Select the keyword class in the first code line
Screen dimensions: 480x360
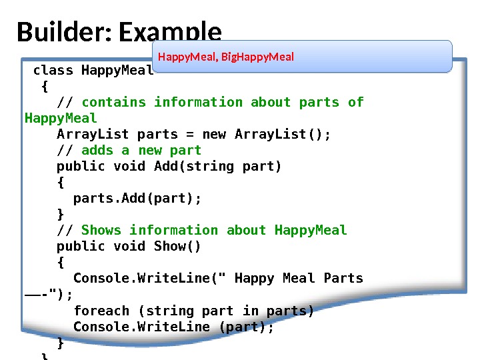coord(53,70)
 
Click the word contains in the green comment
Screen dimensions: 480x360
coord(113,102)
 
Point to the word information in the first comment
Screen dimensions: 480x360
coord(198,102)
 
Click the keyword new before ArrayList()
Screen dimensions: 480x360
coord(214,134)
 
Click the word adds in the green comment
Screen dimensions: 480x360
coord(97,150)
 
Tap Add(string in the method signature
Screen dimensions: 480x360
coord(194,166)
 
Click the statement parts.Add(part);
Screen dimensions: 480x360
coord(137,198)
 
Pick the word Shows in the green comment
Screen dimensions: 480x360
coord(101,230)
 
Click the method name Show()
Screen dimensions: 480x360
coord(177,246)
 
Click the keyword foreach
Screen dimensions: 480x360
coord(101,311)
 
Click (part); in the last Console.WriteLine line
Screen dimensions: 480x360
coord(246,327)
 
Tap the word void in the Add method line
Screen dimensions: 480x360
coord(129,166)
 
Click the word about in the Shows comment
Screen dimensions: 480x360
coord(246,230)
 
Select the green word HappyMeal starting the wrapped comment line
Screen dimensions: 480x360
coord(61,118)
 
